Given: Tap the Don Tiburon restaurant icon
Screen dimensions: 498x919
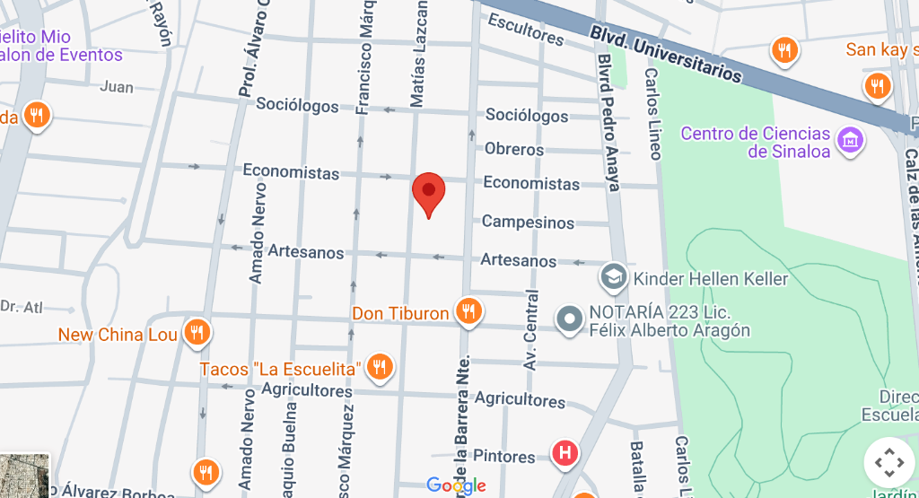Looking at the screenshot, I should (468, 311).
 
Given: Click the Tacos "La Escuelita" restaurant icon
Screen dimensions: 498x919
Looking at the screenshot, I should (381, 366).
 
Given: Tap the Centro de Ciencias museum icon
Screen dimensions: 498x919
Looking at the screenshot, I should (849, 140).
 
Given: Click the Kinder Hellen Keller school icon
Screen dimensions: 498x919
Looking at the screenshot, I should (614, 276).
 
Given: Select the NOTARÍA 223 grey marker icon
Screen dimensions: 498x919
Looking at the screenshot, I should (569, 319).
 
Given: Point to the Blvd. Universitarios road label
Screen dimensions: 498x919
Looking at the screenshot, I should (666, 53).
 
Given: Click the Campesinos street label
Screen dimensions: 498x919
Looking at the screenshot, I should (528, 222).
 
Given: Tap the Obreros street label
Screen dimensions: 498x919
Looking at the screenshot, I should (514, 149).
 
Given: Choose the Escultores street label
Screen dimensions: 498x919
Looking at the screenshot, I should (526, 31).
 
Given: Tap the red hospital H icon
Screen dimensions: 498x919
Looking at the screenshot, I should (565, 452).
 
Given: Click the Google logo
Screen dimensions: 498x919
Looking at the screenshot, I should (456, 485).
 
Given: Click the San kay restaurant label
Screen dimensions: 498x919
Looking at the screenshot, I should (876, 49).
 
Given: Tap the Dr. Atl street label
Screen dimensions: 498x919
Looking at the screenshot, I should (22, 308).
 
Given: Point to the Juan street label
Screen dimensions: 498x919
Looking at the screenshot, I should (117, 87).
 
